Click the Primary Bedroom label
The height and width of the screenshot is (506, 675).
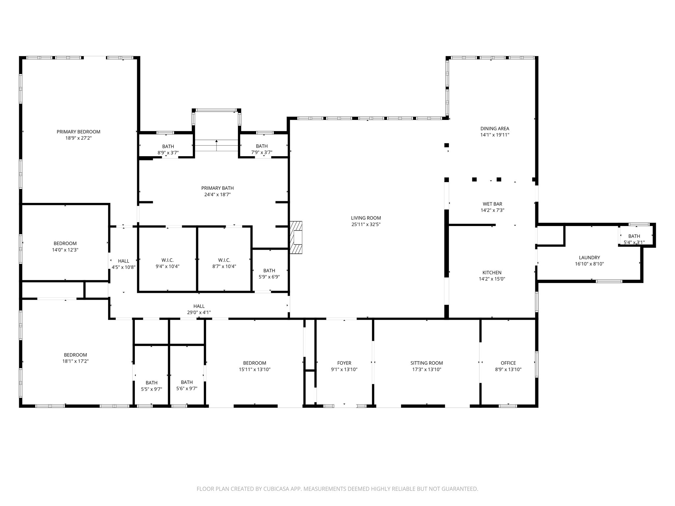(78, 132)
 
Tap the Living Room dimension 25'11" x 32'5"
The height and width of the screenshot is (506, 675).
(366, 224)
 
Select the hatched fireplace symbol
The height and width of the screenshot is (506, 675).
(296, 237)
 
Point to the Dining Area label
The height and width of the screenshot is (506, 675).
(495, 128)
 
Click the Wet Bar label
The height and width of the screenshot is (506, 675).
(492, 204)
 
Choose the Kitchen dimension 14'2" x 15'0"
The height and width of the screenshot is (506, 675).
(492, 279)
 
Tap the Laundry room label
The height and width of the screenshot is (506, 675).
(589, 258)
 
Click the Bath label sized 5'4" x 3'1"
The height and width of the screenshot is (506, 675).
(634, 236)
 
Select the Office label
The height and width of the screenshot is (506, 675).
(508, 363)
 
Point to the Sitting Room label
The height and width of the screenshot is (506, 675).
(426, 363)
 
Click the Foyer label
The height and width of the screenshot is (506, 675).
(344, 363)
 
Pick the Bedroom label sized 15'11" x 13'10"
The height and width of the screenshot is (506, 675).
(254, 363)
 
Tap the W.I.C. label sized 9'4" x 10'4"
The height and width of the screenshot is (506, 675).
(167, 260)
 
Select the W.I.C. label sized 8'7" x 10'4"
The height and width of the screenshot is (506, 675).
(224, 260)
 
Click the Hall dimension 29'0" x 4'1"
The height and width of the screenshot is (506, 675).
(199, 313)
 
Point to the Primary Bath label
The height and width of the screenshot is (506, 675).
(218, 188)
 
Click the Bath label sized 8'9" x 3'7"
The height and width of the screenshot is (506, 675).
(168, 146)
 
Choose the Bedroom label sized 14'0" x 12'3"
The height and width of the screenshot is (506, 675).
(65, 243)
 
